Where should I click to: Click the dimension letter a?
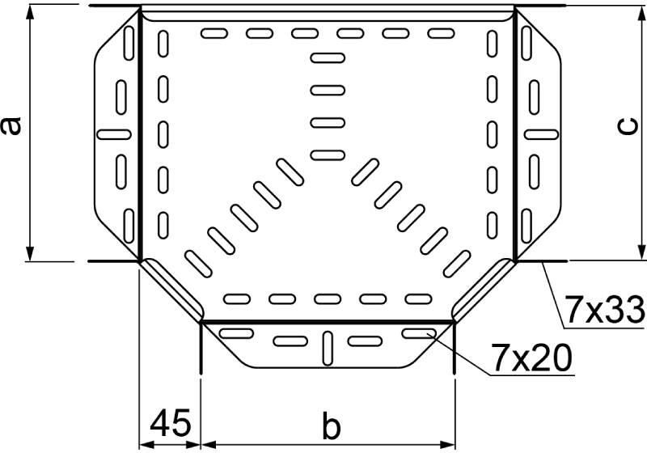11,126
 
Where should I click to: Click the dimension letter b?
332,427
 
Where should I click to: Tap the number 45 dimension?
171,423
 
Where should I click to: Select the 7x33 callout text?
604,310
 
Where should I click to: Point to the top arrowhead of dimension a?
30,13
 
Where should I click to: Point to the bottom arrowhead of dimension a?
30,253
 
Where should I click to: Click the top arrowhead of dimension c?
641,13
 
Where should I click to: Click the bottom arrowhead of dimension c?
641,252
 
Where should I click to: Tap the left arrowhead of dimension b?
208,444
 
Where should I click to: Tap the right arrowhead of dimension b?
447,444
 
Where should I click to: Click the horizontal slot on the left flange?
114,134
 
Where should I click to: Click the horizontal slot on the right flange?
541,134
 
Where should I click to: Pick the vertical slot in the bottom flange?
328,348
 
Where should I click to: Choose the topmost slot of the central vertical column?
328,57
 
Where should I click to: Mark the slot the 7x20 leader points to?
419,333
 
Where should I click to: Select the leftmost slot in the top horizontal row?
214,33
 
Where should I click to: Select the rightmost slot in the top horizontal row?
441,33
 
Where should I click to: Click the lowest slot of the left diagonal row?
198,264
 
